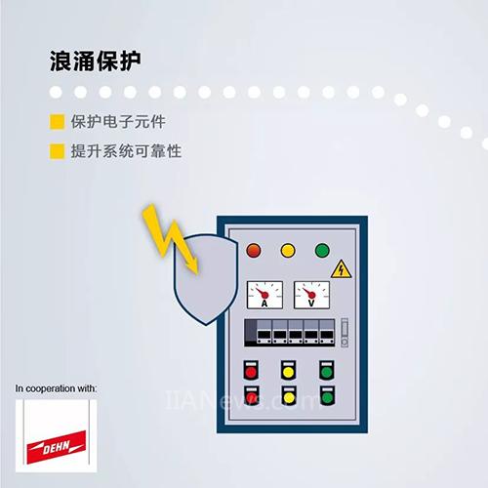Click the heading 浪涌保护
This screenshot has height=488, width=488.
[95, 61]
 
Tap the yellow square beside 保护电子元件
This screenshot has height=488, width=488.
[57, 122]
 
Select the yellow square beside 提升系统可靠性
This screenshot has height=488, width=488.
[57, 151]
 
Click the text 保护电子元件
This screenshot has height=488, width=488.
[118, 122]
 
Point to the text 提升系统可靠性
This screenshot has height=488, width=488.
[126, 151]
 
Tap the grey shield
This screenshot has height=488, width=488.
[206, 279]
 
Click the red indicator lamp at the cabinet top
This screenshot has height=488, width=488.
[254, 251]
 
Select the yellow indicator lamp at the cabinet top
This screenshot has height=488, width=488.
[288, 251]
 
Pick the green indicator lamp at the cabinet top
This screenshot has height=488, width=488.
[322, 251]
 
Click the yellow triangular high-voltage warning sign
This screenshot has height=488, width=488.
[341, 269]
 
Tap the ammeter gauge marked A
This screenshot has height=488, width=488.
[264, 295]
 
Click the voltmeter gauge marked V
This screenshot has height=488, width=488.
[311, 295]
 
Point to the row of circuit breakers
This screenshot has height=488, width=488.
[290, 333]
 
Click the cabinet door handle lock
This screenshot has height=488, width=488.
[345, 333]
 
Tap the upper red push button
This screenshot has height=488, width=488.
[251, 370]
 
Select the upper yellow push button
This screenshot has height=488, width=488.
[289, 370]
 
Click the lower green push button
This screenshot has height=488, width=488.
[327, 395]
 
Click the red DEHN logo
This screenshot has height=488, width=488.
[57, 447]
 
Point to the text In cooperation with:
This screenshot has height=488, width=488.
[56, 388]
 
